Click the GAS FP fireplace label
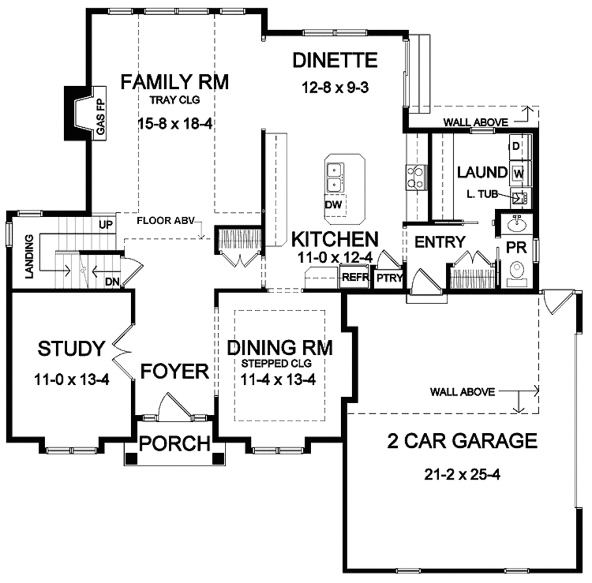(100, 114)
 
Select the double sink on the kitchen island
(335, 178)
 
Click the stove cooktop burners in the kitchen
(416, 177)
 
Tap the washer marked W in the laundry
(518, 172)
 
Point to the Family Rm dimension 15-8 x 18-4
(173, 123)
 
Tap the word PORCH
(175, 444)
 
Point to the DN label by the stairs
(112, 281)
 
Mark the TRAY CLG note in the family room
(174, 100)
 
